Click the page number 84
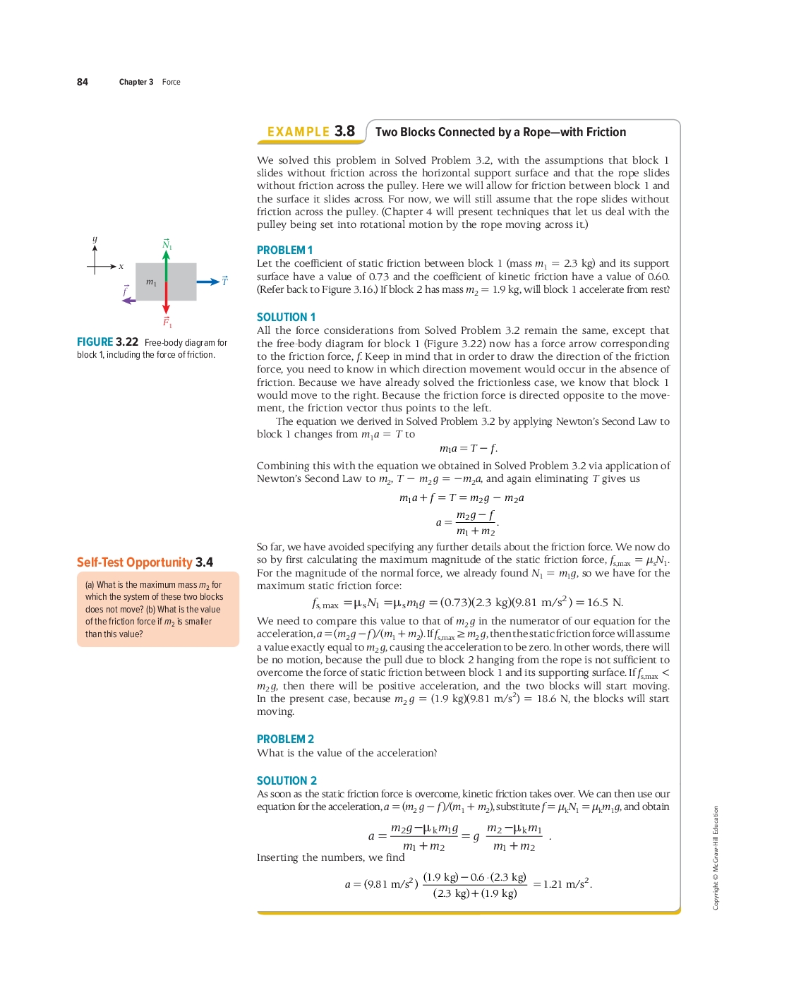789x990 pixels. click(83, 82)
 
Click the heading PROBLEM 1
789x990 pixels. click(284, 250)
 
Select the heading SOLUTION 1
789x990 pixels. click(286, 318)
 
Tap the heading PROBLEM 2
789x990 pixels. click(285, 740)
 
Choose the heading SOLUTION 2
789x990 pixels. click(287, 781)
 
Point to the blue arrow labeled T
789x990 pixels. click(208, 282)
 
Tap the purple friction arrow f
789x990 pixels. click(128, 301)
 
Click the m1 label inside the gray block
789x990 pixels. click(151, 282)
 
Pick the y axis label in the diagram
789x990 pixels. click(95, 239)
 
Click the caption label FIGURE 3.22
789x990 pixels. click(107, 342)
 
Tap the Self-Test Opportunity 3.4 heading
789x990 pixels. click(145, 562)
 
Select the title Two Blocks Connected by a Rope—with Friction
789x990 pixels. click(500, 132)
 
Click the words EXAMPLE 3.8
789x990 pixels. click(311, 132)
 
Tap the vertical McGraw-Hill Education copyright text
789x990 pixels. click(716, 857)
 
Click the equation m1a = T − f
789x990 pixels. click(468, 449)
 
